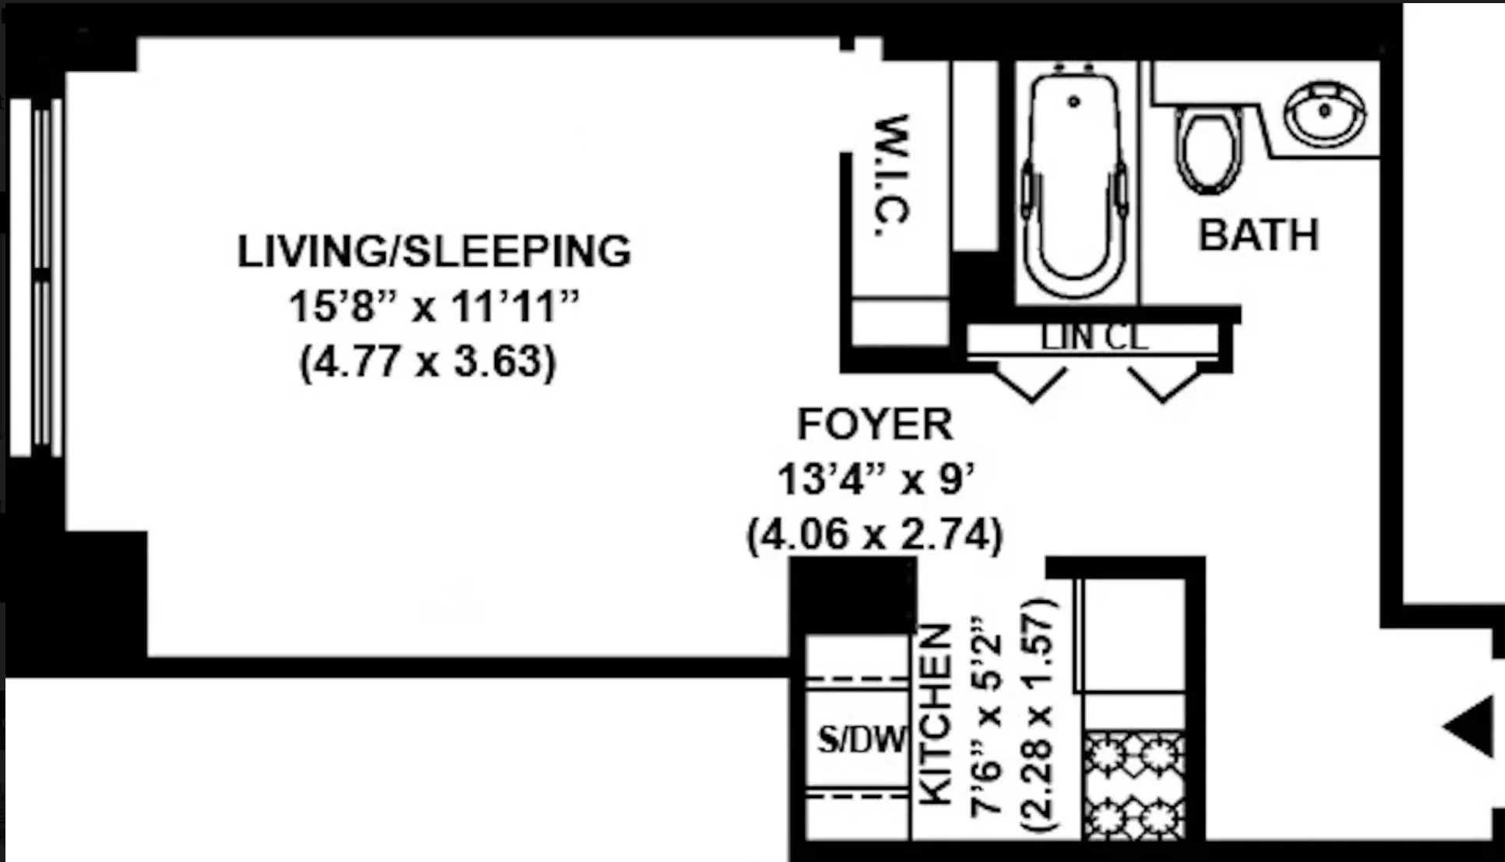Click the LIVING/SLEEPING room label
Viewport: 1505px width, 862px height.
pyautogui.click(x=434, y=252)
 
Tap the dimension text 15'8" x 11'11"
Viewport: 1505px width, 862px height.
pyautogui.click(x=434, y=306)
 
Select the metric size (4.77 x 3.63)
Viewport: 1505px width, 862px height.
pyautogui.click(x=428, y=362)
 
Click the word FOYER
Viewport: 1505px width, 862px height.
pyautogui.click(x=875, y=425)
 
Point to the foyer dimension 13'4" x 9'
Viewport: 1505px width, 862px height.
pyautogui.click(x=876, y=479)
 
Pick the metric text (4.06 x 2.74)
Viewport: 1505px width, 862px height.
pyautogui.click(x=875, y=535)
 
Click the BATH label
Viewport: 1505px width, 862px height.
pyautogui.click(x=1258, y=235)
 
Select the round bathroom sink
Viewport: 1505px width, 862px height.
pyautogui.click(x=1324, y=113)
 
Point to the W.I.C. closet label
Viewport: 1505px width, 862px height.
pyautogui.click(x=892, y=176)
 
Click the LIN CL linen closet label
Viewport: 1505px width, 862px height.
pyautogui.click(x=1094, y=338)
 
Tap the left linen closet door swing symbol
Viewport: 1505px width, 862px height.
pyautogui.click(x=1031, y=383)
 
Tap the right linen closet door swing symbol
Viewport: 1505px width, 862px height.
pyautogui.click(x=1164, y=383)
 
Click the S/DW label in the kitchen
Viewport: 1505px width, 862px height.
pyautogui.click(x=862, y=739)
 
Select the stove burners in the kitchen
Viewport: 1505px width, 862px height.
pyautogui.click(x=1134, y=785)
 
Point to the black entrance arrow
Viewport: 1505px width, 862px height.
pyautogui.click(x=1471, y=726)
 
